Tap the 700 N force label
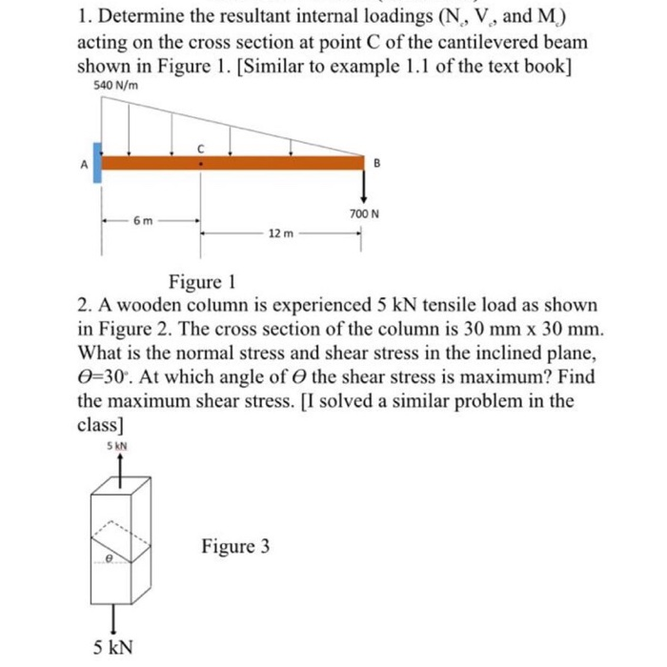364,214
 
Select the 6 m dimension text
142,221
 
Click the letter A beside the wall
83,163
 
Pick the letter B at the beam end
375,163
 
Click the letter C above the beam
200,149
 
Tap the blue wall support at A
97,161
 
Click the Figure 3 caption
234,546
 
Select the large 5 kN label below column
113,648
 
